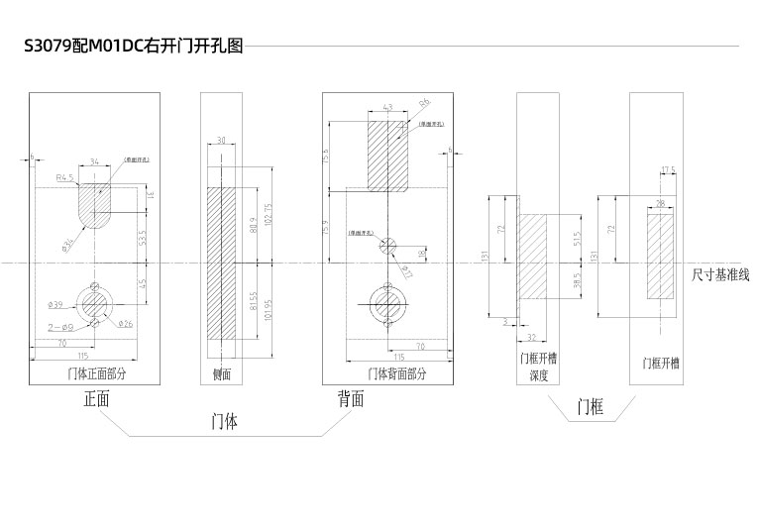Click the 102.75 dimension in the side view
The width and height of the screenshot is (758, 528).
268,213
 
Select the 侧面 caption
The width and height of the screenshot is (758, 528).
222,374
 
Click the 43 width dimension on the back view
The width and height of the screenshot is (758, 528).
387,107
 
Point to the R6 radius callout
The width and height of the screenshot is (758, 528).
424,102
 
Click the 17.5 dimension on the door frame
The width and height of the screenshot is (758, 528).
668,170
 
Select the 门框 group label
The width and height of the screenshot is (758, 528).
591,406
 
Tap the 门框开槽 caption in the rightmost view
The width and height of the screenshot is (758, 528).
661,364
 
